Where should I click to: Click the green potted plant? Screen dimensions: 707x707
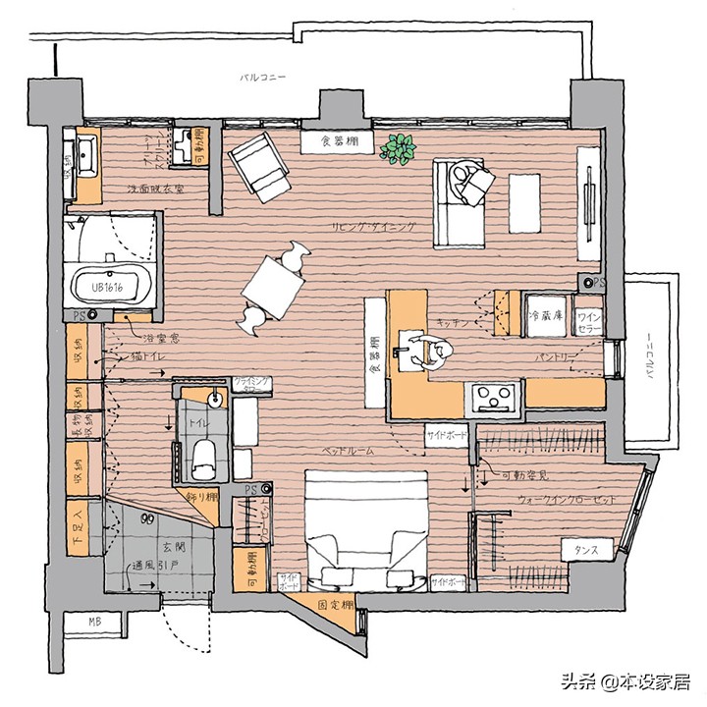400,149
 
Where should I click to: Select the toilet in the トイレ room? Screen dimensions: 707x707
204,454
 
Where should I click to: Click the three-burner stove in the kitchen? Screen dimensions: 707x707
493,397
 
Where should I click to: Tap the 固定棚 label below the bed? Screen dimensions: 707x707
337,605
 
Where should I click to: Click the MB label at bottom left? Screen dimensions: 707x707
94,622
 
